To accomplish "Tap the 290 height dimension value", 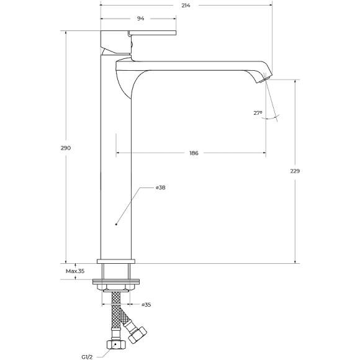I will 66,148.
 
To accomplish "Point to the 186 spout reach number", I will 193,153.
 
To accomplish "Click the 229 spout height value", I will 295,171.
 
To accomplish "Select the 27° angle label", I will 258,113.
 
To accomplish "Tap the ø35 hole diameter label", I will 146,304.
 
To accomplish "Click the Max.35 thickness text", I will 75,271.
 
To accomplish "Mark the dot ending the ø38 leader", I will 117,222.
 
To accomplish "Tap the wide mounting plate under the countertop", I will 116,282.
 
